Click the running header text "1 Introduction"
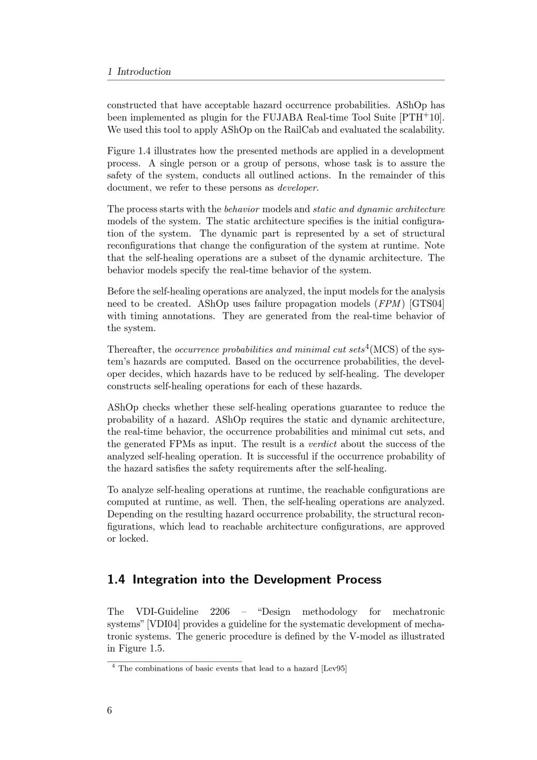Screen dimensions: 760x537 click(x=139, y=71)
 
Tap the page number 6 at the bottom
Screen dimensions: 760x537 click(x=110, y=711)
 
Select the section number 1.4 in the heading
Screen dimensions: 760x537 click(x=117, y=579)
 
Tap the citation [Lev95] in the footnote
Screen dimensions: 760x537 click(x=333, y=669)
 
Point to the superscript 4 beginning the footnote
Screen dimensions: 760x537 click(x=113, y=666)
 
